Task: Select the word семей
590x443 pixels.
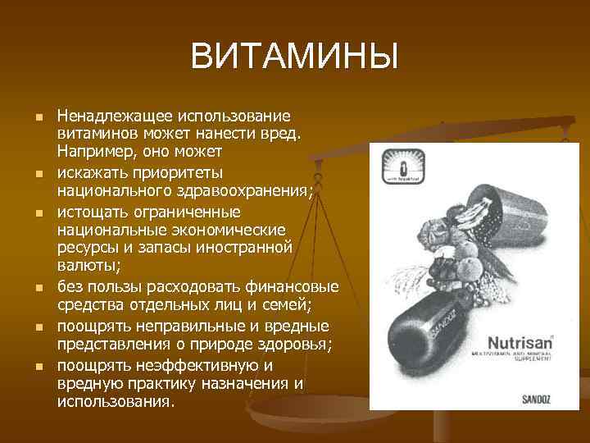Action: [x=282, y=305]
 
